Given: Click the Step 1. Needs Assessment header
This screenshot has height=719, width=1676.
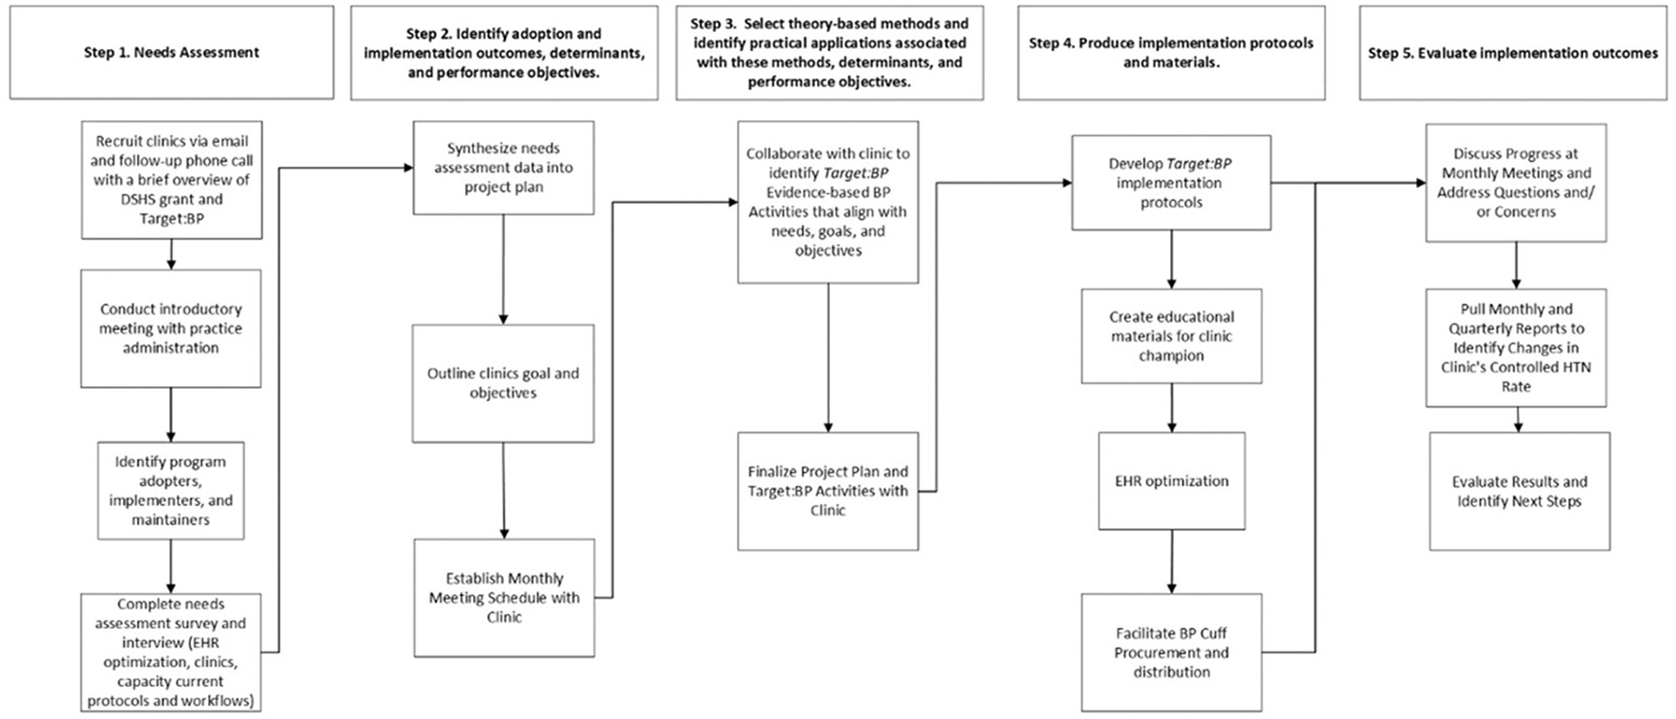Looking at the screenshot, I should click(171, 53).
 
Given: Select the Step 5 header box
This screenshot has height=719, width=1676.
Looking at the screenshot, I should click(1512, 53).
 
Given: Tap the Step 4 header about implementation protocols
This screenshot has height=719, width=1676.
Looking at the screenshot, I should click(1171, 53).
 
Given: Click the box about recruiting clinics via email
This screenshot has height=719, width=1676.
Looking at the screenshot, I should click(171, 180).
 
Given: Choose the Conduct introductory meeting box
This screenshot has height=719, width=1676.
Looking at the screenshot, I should click(171, 328).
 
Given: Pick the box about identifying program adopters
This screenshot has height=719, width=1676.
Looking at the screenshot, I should click(171, 491).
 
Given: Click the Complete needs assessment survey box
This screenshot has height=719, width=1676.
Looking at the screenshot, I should click(171, 653).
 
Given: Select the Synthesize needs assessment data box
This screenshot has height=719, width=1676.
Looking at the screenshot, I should click(503, 167).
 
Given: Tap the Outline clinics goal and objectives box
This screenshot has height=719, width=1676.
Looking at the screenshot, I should click(503, 383).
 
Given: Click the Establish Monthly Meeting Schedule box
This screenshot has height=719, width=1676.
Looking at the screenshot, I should click(504, 598).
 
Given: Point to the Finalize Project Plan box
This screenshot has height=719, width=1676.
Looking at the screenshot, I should click(828, 491).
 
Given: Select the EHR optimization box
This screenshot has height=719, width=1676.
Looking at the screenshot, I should click(1172, 481).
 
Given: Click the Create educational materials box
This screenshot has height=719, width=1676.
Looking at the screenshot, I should click(1172, 336).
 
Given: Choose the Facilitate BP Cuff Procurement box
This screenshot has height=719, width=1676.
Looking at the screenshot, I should click(1172, 653).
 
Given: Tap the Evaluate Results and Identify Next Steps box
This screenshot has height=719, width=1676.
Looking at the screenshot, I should click(1519, 491).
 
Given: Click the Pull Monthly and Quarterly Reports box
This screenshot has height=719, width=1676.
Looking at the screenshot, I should click(1516, 347).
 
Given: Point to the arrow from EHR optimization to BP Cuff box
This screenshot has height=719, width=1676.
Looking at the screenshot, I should click(1172, 562).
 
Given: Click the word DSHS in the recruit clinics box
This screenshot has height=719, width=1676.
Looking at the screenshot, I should click(114, 200).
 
